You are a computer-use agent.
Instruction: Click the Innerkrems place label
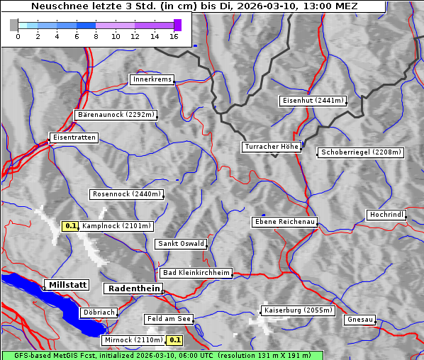[x=152, y=80]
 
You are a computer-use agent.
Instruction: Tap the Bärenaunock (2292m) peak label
[x=115, y=115]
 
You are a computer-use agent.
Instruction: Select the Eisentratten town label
[x=73, y=137]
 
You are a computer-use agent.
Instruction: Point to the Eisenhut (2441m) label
[x=313, y=101]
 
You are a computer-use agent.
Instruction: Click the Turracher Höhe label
[x=272, y=147]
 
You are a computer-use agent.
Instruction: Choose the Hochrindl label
[x=387, y=215]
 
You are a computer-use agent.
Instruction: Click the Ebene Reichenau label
[x=285, y=223]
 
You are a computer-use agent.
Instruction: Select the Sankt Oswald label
[x=180, y=244]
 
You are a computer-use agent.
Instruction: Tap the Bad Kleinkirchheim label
[x=196, y=273]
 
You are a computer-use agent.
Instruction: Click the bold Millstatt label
[x=67, y=285]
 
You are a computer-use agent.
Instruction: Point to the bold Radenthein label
[x=133, y=288]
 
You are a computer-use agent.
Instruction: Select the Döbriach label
[x=98, y=313]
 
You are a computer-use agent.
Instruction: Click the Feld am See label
[x=169, y=320]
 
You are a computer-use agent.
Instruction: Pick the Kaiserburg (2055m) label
[x=298, y=310]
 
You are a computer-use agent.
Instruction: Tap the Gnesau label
[x=359, y=320]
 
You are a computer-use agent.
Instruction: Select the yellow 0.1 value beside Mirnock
[x=175, y=340]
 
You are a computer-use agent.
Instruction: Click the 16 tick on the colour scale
[x=174, y=36]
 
